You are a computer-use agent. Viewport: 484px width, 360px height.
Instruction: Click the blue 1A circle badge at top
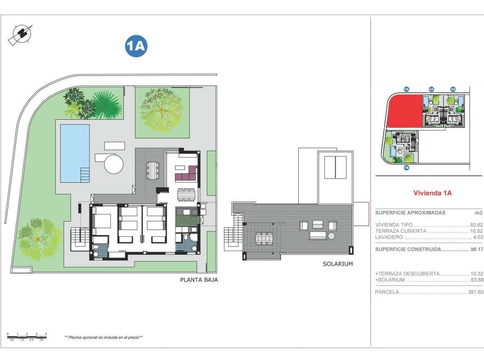[136, 47]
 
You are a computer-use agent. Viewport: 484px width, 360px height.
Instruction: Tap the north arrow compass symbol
[20, 34]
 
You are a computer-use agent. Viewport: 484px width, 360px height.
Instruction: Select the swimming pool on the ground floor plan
[75, 152]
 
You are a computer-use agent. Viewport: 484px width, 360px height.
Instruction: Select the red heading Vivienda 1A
[433, 193]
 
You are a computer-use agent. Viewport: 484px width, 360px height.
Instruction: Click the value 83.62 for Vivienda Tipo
[476, 224]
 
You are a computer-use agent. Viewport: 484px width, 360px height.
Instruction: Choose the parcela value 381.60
[475, 292]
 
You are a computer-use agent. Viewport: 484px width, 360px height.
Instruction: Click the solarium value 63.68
[476, 280]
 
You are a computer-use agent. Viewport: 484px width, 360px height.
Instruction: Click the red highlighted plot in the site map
[404, 110]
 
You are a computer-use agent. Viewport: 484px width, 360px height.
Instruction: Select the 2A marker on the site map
[431, 89]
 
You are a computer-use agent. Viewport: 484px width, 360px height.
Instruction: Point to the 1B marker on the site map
[405, 167]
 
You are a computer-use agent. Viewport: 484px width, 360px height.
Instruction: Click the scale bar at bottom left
[27, 337]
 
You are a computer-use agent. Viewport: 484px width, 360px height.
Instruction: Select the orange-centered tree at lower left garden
[38, 238]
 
